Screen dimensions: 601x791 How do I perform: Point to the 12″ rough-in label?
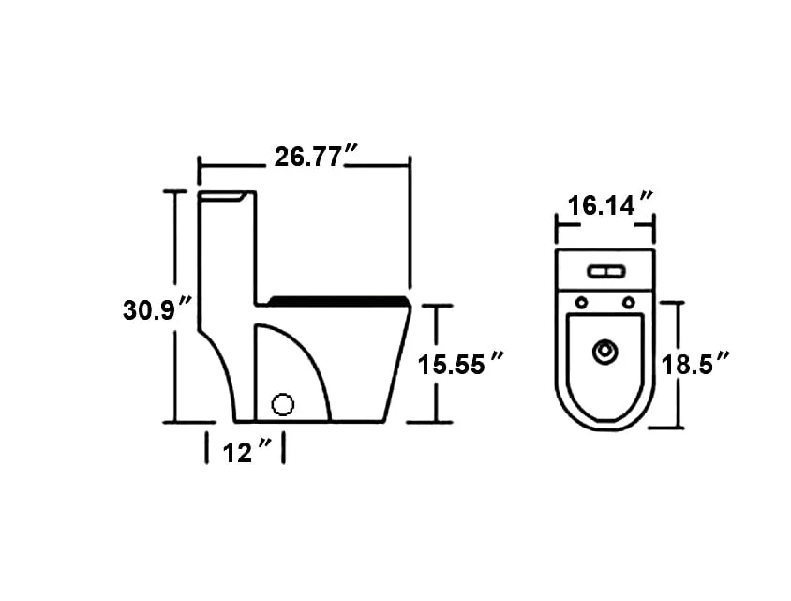[246, 453]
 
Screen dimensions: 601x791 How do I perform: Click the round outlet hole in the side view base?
[283, 405]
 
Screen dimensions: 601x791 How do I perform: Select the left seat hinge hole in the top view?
[581, 302]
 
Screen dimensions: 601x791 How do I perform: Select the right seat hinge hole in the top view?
[628, 302]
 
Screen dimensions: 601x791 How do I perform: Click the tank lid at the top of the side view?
[227, 195]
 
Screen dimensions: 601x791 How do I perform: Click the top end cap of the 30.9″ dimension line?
[175, 190]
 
